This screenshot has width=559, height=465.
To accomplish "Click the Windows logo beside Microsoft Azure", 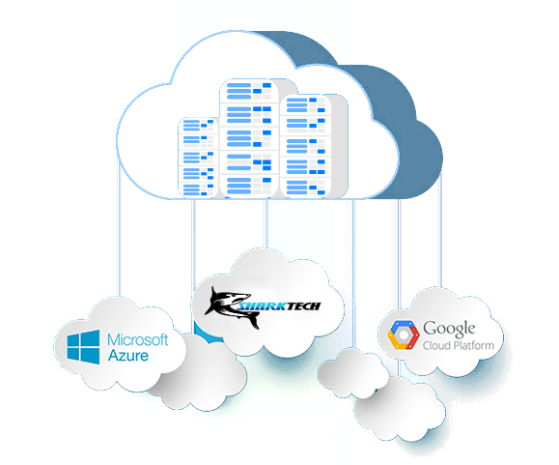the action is pos(83,347).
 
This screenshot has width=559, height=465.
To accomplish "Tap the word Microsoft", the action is pos(138,339).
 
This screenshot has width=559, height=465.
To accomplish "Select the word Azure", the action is pos(128,356).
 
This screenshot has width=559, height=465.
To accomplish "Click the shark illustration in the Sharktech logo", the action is pos(228,306).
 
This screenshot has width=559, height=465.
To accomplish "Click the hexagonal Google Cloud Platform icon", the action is pos(404,334).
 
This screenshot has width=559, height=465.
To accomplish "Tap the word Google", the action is pos(449,329).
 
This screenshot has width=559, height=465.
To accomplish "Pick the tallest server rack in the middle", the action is pos(249,137).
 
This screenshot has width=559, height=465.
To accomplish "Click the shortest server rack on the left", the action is pos(198,158).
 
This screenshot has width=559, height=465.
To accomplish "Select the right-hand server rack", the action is pos(306,146).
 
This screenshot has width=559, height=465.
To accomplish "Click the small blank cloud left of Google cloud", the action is pos(353,373).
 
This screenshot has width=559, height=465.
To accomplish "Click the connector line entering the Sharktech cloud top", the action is pos(266,223).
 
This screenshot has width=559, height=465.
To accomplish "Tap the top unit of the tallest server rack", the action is pos(249,92).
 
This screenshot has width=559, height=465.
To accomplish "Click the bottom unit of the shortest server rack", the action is pos(198,189).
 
